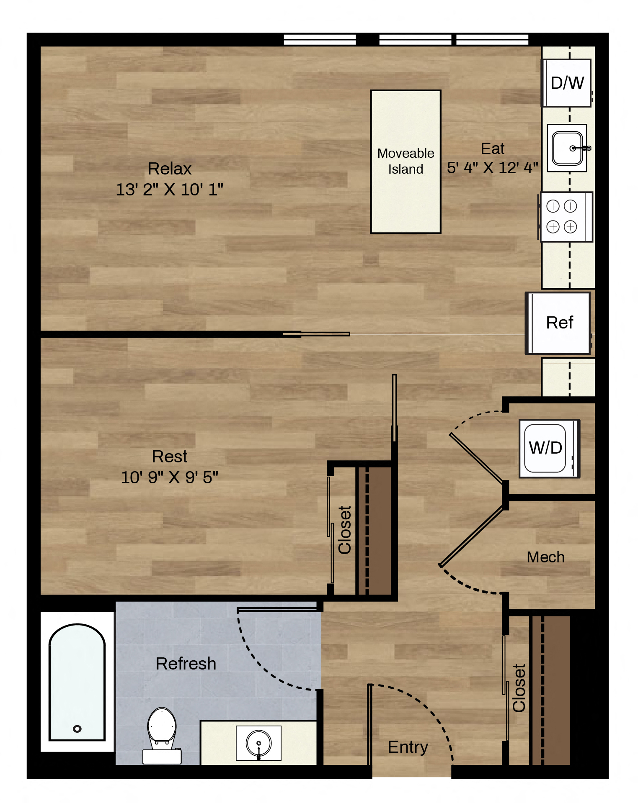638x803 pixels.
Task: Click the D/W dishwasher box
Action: [x=567, y=83]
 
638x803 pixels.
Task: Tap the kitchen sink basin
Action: [x=567, y=148]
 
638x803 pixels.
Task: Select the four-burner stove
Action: [x=566, y=217]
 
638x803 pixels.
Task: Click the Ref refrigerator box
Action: [x=558, y=323]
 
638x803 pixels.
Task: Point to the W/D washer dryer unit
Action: [x=549, y=448]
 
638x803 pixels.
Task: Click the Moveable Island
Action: [x=406, y=162]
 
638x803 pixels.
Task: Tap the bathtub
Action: [x=77, y=682]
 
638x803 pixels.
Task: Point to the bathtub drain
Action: [x=77, y=729]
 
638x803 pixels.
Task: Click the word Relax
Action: [x=170, y=169]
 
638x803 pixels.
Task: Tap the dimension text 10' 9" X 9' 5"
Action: [x=170, y=477]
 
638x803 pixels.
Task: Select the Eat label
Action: [x=493, y=149]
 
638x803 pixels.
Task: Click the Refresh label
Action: [x=186, y=664]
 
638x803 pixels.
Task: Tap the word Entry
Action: [x=408, y=747]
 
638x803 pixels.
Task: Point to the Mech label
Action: [x=546, y=557]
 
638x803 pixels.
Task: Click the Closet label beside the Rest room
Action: [x=345, y=530]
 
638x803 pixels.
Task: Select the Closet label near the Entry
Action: [x=519, y=688]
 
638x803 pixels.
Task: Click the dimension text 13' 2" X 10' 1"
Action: [x=170, y=190]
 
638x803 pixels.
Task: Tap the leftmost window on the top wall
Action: [x=320, y=40]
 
